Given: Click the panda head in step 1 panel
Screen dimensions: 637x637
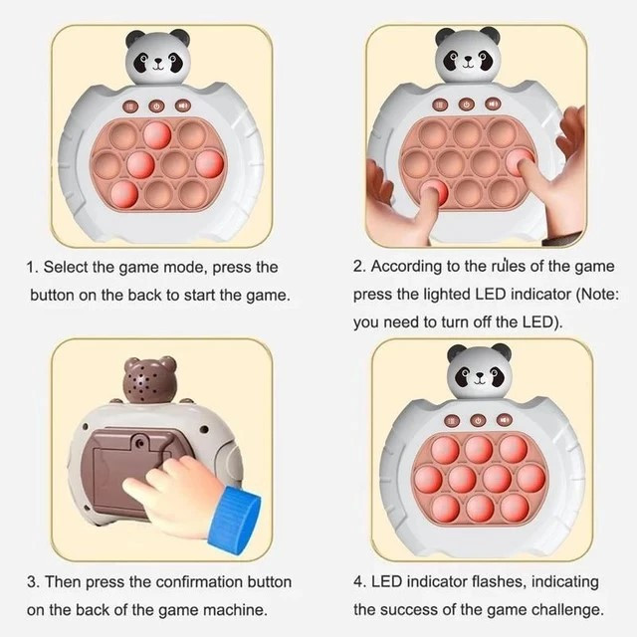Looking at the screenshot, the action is (157, 57).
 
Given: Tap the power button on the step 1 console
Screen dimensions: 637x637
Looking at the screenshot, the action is (156, 106).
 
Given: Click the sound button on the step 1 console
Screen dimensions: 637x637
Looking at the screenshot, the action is (183, 106).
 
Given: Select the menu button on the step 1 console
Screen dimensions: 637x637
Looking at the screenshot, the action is (130, 106).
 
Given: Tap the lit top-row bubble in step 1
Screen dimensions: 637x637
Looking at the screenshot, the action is (157, 134).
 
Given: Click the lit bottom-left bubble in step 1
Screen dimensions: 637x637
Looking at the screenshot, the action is (124, 194).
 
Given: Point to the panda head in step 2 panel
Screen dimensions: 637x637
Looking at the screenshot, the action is (468, 56).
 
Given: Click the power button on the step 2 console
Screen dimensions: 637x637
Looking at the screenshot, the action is (466, 105).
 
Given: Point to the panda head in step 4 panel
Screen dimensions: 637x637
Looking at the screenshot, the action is (479, 370).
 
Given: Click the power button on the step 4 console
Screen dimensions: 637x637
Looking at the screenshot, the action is (478, 420).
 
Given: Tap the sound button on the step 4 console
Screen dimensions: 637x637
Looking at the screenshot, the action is (505, 419).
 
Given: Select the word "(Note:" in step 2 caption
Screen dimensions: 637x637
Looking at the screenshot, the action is (598, 294).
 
